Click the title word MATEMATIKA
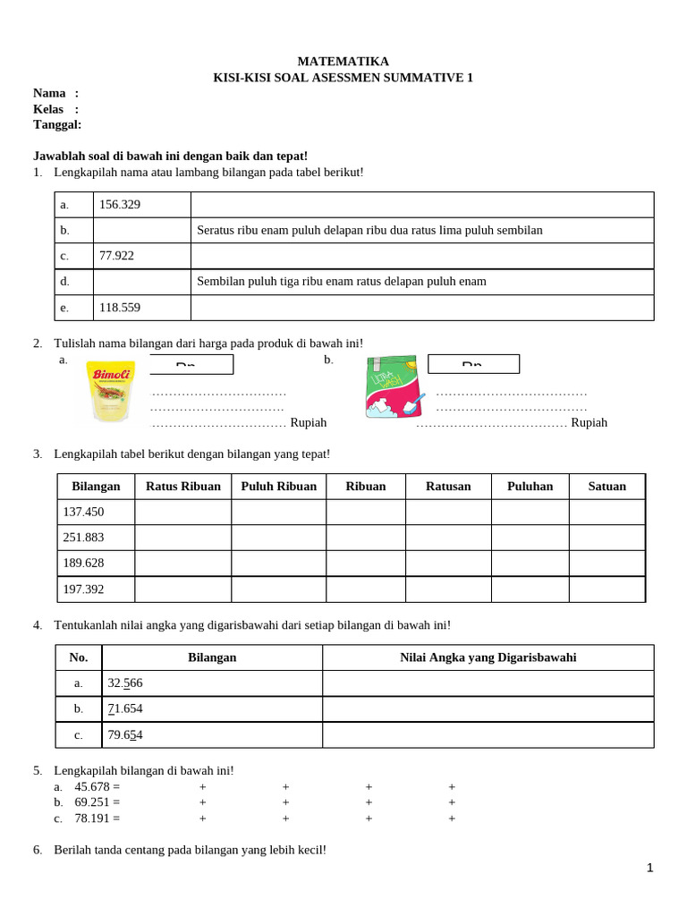[343, 61]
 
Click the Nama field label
[49, 93]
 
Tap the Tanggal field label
[57, 124]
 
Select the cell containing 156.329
[120, 205]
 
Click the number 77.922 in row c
[117, 256]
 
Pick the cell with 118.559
[120, 307]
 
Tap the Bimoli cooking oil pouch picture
[110, 391]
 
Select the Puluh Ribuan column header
[278, 487]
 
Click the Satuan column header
[606, 487]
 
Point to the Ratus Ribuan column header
[182, 487]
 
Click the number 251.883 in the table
[83, 538]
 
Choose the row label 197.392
[83, 589]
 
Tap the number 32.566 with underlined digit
[125, 683]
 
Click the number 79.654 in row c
[125, 735]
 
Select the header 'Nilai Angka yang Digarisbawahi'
[488, 657]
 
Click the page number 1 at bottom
[650, 868]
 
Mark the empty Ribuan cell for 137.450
[365, 512]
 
